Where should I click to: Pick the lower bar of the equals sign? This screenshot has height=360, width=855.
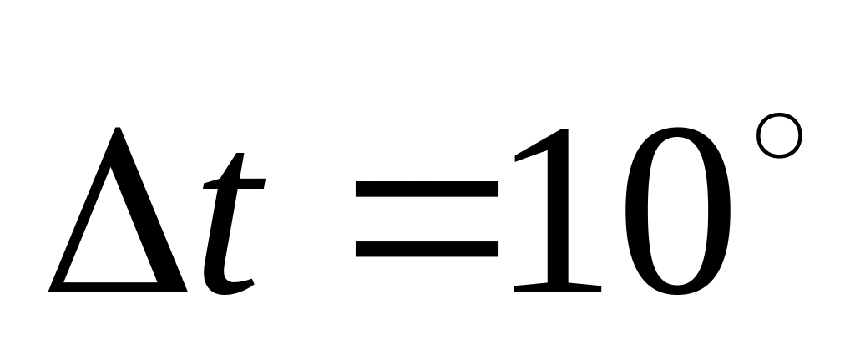[x=427, y=248]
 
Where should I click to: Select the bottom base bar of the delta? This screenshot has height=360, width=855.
[x=117, y=286]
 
